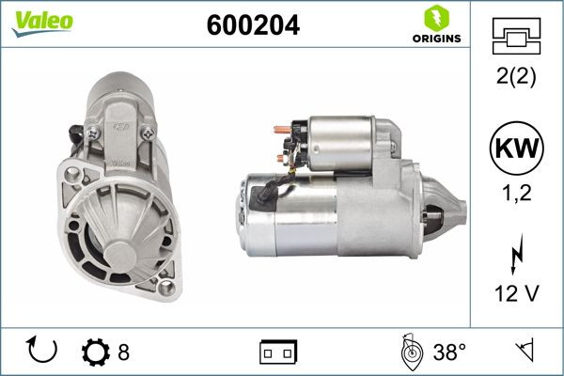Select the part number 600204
click(253, 26)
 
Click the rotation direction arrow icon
click(43, 352)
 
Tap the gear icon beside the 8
click(96, 352)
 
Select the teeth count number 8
click(123, 352)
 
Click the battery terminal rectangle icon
click(278, 352)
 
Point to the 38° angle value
click(450, 352)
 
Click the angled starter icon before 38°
click(411, 352)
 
